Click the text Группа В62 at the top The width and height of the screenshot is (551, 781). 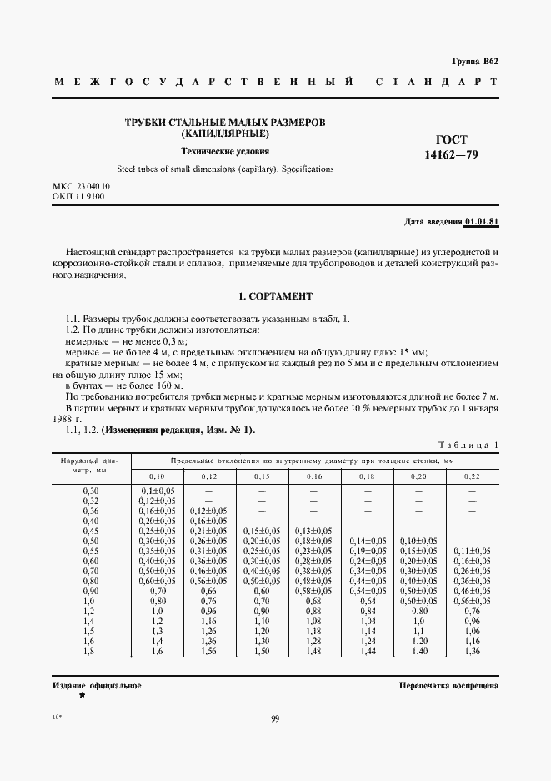click(475, 62)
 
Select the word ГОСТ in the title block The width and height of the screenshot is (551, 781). click(452, 139)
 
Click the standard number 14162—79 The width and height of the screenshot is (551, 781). click(452, 154)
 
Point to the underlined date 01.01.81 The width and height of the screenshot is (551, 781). click(482, 221)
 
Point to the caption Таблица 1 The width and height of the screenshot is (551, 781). click(468, 446)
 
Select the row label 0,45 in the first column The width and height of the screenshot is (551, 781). click(91, 530)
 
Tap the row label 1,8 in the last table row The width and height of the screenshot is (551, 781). click(91, 650)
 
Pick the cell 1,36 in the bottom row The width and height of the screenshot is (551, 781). click(471, 650)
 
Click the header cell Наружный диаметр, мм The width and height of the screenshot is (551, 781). click(91, 464)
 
